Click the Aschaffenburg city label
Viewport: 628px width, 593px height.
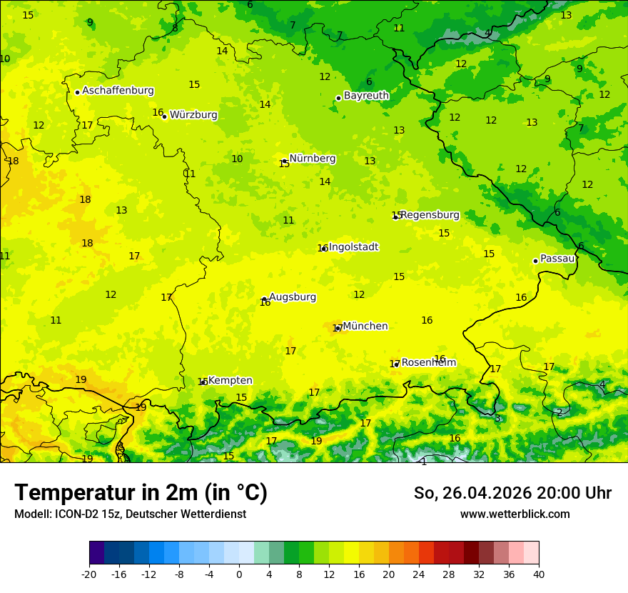click(x=118, y=91)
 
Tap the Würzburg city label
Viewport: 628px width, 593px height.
click(x=193, y=115)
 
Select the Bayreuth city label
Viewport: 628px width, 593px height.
click(x=366, y=96)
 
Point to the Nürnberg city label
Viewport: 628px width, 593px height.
click(x=313, y=159)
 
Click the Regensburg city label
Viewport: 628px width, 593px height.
click(x=430, y=215)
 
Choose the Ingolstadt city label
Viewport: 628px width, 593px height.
click(x=353, y=247)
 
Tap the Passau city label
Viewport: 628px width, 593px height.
click(x=557, y=259)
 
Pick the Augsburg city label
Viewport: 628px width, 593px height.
click(x=293, y=297)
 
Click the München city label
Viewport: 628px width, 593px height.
click(x=365, y=327)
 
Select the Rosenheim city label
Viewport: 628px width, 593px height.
click(x=428, y=363)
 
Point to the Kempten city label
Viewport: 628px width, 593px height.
click(x=230, y=381)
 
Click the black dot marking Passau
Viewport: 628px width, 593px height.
click(x=535, y=261)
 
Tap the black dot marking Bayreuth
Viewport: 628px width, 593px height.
click(x=338, y=98)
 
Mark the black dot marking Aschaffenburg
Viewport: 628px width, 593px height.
click(x=77, y=92)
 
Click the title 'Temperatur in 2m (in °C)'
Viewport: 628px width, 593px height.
click(x=141, y=492)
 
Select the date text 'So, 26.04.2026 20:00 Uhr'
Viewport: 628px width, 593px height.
click(x=512, y=493)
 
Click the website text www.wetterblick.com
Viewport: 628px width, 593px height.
click(x=515, y=514)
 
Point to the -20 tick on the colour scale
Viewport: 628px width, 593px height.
click(x=89, y=574)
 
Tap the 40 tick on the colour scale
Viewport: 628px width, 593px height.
click(x=539, y=574)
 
